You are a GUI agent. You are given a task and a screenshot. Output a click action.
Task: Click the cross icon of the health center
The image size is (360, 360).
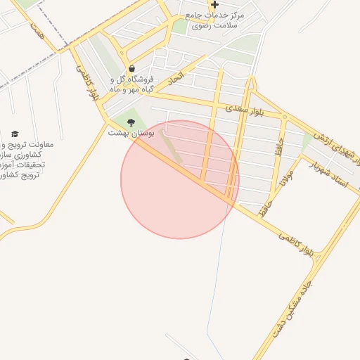(214, 4)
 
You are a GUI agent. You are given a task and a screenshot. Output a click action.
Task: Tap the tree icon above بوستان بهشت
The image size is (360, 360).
(131, 122)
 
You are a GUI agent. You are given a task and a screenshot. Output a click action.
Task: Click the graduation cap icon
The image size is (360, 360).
(15, 134)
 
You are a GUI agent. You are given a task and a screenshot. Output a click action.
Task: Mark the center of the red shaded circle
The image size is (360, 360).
(180, 179)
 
